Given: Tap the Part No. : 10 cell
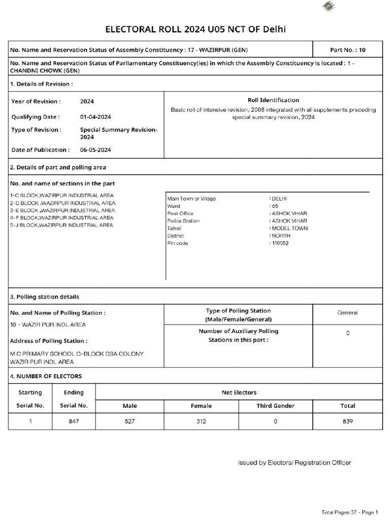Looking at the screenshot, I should tap(347, 50).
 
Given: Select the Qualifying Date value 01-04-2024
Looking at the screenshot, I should tap(95, 117).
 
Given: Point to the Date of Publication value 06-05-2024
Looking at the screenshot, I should tap(95, 150).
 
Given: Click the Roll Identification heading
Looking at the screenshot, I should tap(273, 100).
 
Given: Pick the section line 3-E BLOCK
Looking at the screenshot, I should tap(62, 210).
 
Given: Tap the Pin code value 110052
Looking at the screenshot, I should tap(280, 243).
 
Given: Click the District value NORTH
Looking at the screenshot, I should tap(281, 236).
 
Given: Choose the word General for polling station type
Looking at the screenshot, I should tap(347, 313).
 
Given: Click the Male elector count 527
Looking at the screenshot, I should tap(130, 421).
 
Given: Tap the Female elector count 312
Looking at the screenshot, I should tap(201, 421).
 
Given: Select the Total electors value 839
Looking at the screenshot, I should tap(347, 421).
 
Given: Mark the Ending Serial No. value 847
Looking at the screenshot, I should tap(74, 421).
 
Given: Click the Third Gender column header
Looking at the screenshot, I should tap(275, 406).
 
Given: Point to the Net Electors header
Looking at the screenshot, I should tap(239, 392).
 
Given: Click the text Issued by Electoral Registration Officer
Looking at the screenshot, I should tap(295, 463).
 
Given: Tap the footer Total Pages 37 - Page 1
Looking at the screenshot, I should tap(350, 512).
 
